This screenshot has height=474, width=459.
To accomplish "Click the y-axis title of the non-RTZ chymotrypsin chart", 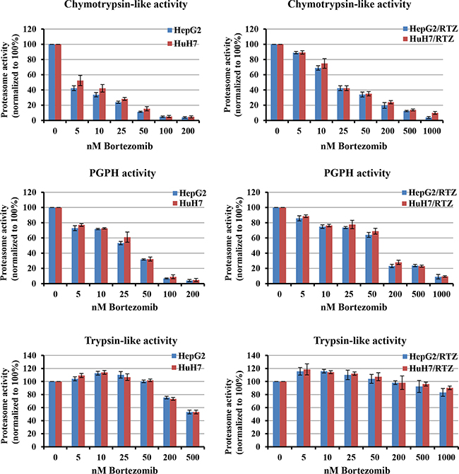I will click(10, 74).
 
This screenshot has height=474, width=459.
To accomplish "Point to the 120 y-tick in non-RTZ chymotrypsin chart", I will click(32, 29).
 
